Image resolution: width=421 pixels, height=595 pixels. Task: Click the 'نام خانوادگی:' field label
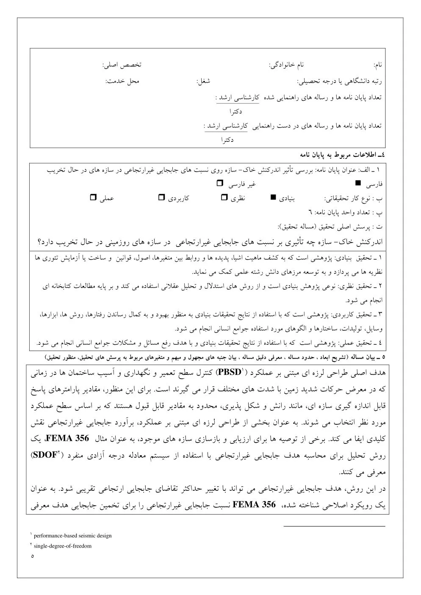tap(287, 65)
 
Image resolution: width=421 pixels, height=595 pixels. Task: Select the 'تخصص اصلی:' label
tap(122, 65)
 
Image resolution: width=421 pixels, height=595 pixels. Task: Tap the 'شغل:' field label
tap(203, 81)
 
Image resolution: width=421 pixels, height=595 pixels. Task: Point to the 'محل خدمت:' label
tap(122, 81)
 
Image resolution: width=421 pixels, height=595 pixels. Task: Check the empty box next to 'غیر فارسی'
tap(219, 183)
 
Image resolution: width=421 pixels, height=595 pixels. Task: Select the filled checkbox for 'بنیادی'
tap(273, 197)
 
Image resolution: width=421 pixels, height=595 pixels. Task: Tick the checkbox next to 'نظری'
tap(224, 197)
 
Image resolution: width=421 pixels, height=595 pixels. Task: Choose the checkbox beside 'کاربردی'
tap(161, 197)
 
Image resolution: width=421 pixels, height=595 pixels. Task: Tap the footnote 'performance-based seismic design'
tap(72, 536)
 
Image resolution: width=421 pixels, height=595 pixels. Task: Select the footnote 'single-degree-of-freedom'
tap(62, 546)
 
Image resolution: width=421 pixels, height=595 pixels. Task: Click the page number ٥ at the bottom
tap(32, 556)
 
